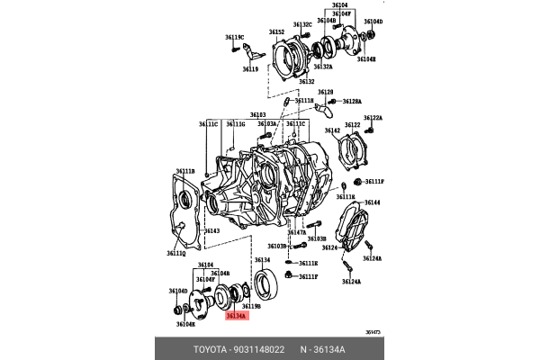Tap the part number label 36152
pos(276,32)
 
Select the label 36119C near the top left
pos(235,37)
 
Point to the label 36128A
pos(351,102)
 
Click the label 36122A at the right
pos(373,118)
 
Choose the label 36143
pos(211,231)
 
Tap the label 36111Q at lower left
pos(176,255)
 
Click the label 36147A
pos(297,231)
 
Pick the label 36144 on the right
pos(372,203)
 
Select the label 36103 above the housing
pos(258,115)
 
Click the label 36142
pos(332,131)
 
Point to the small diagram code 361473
pos(372,332)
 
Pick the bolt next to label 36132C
pos(302,42)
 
